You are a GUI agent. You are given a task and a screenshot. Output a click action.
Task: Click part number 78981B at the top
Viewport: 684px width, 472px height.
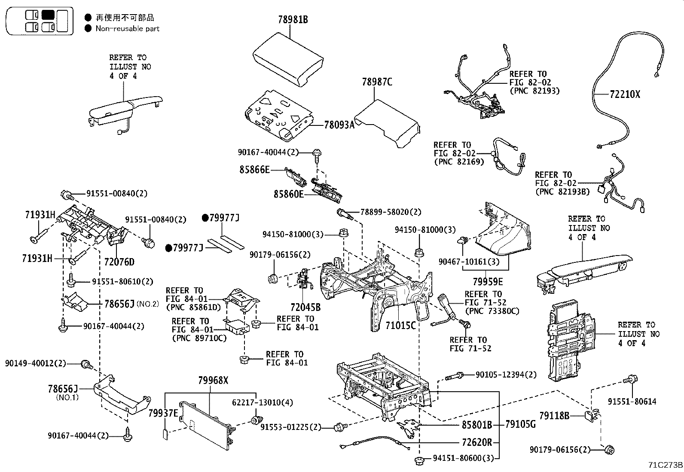click(293, 20)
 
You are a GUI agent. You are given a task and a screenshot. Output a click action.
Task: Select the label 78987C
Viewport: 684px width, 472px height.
click(377, 82)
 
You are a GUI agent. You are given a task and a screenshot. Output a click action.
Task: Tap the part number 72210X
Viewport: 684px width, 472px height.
click(624, 94)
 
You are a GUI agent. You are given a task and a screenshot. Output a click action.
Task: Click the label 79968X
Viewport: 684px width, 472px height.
click(213, 381)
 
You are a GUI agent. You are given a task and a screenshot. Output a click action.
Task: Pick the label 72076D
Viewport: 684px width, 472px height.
click(119, 262)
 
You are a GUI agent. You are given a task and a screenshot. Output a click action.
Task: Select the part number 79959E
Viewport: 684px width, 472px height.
click(488, 282)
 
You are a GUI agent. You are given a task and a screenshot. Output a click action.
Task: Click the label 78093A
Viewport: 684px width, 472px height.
click(339, 125)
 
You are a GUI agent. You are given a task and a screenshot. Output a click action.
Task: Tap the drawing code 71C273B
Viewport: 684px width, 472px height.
click(666, 465)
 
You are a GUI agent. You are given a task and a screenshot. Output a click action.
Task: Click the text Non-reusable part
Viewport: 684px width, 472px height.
click(127, 29)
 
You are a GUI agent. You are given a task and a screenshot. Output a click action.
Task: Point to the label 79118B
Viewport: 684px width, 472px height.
click(554, 416)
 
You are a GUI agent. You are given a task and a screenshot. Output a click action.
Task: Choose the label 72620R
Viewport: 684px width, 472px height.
click(477, 442)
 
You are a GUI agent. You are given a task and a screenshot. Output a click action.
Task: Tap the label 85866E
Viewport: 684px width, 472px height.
click(254, 170)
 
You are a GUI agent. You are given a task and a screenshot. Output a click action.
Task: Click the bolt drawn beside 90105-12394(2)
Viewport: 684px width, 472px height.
click(454, 377)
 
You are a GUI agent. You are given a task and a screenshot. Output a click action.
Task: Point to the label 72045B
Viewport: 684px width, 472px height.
click(305, 308)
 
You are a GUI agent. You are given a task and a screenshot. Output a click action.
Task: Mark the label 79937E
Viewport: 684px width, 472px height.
click(163, 413)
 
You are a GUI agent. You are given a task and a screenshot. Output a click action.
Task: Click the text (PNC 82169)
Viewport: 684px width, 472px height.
click(459, 162)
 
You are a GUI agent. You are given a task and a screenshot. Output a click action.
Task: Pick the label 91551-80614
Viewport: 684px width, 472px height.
click(632, 402)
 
